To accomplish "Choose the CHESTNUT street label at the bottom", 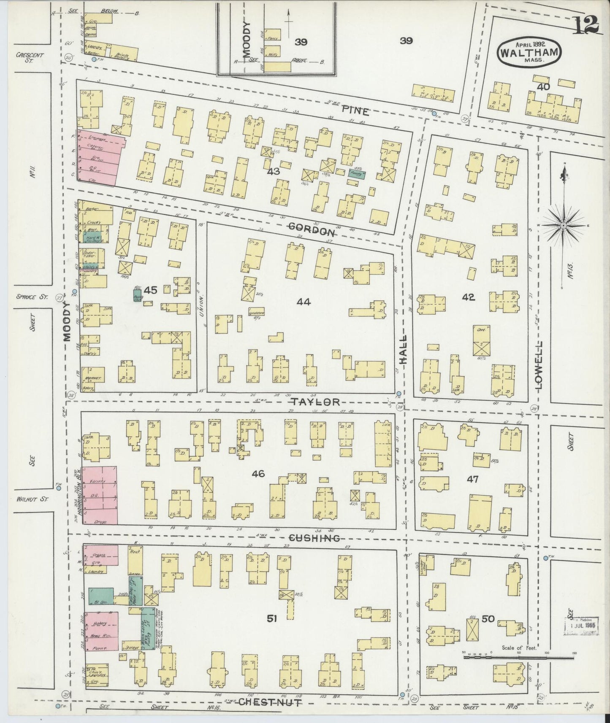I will [270, 702].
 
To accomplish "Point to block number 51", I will [271, 619].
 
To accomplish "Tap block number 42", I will [468, 297].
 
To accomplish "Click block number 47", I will [472, 479].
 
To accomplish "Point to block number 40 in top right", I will [543, 87].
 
